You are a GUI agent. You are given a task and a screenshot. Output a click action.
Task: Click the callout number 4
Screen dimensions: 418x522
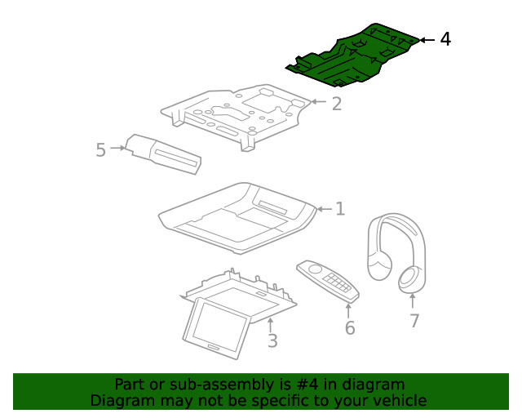coord(445,39)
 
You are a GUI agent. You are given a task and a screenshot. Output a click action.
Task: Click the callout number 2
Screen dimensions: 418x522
coord(336,104)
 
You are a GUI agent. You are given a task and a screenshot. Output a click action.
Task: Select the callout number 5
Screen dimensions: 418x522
coord(100,150)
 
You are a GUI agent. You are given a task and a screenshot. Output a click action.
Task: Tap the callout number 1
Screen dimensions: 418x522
coord(339,209)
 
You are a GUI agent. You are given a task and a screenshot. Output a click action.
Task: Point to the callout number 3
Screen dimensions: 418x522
coord(272,340)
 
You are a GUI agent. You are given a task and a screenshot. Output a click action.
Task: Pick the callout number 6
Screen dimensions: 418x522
coord(349,328)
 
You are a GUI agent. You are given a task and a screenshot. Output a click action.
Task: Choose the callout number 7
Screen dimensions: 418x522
coord(414,321)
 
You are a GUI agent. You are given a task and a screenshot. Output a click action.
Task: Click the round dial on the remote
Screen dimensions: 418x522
coord(314,269)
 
